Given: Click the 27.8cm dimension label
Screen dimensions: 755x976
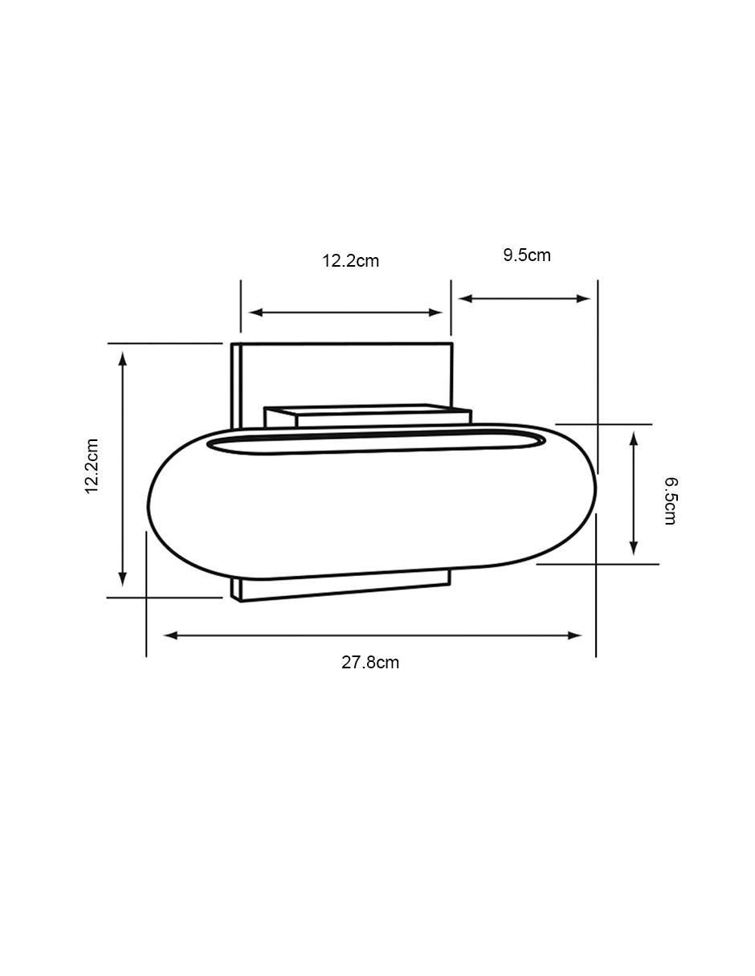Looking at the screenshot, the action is tap(369, 663).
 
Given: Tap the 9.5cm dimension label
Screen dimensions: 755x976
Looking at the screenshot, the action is tap(527, 255).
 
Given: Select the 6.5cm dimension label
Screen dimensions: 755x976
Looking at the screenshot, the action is tap(670, 501).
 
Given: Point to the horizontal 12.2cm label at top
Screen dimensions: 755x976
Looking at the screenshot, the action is tap(350, 261).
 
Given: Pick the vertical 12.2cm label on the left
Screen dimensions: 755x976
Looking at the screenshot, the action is tap(92, 466).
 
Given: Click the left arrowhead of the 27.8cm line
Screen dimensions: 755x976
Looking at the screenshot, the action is tap(171, 635).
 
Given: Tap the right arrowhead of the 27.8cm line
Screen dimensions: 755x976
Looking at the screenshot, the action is tap(575, 635).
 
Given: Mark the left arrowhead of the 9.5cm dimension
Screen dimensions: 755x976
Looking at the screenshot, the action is tap(466, 299).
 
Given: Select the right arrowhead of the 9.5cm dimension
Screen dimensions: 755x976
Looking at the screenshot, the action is tap(583, 299).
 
